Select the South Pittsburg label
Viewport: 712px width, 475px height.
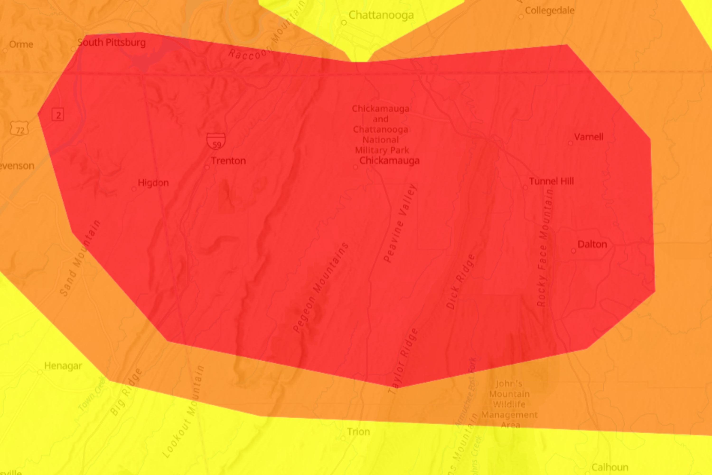[111, 43]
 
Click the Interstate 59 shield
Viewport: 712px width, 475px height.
[216, 141]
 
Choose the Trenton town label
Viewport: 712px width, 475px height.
[228, 161]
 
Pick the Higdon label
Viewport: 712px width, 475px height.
[153, 183]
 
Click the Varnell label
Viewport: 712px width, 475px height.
[589, 137]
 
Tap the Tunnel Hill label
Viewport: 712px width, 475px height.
[551, 181]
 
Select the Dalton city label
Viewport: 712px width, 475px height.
[592, 244]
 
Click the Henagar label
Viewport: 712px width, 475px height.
[63, 366]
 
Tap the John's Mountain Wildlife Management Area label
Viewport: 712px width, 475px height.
[510, 404]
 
